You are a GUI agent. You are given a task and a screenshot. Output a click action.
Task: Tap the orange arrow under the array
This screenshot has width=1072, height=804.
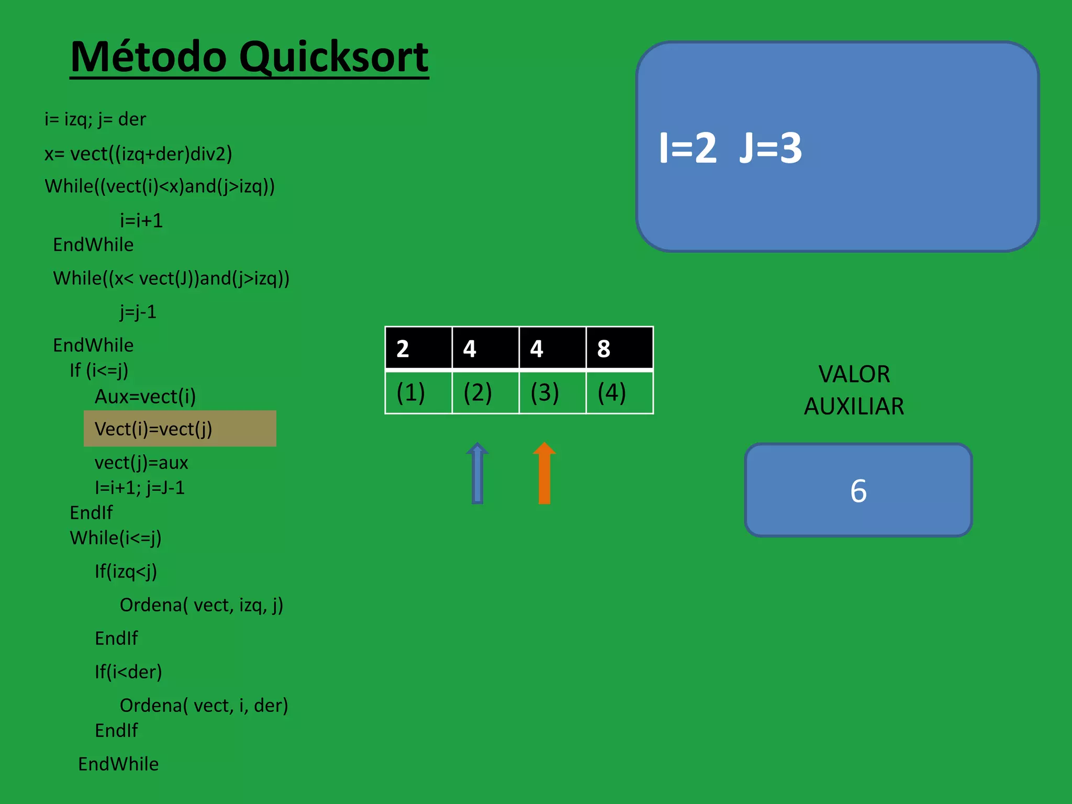544,474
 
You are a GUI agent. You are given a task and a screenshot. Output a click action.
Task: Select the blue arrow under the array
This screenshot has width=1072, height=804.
477,474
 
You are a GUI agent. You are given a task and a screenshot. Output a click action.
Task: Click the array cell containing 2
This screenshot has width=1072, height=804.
418,348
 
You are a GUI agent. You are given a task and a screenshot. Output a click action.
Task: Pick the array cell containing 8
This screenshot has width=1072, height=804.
619,348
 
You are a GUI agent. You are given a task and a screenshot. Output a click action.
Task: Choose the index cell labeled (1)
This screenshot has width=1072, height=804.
418,392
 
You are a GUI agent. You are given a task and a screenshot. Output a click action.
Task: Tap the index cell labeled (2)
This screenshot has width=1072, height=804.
485,392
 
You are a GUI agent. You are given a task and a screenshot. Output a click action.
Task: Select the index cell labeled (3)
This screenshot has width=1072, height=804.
552,392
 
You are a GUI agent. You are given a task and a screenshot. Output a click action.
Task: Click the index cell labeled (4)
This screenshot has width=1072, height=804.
619,392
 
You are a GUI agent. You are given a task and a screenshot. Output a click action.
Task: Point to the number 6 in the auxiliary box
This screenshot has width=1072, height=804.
858,491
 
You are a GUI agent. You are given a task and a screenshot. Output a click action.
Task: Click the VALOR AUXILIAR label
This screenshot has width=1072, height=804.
854,390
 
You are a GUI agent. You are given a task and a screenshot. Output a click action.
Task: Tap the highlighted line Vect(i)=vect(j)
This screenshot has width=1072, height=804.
153,429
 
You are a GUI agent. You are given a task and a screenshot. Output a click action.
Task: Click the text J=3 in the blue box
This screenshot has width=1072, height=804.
770,148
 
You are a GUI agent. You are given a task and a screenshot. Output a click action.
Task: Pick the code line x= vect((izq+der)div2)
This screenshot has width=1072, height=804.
138,154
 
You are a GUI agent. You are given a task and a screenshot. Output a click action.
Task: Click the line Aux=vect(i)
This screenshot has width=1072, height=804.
145,397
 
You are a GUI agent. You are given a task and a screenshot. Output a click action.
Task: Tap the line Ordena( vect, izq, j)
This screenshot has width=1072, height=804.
202,605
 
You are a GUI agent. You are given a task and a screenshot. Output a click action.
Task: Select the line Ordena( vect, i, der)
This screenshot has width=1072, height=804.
204,706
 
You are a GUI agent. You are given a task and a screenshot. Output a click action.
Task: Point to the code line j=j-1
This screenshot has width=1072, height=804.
138,312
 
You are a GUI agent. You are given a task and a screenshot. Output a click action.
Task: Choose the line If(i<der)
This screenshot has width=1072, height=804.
128,672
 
